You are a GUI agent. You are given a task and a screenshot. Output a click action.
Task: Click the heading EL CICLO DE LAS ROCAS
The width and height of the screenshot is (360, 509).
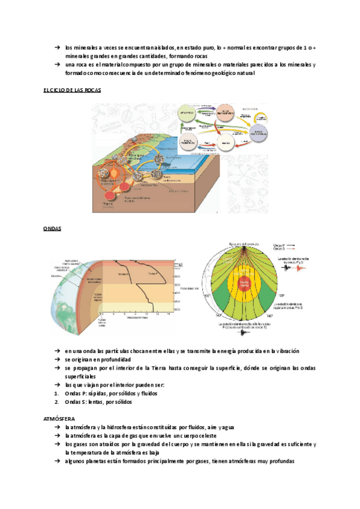(x=73, y=89)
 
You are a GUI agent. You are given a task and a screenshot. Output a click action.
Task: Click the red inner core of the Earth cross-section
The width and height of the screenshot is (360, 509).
(x=247, y=282)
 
